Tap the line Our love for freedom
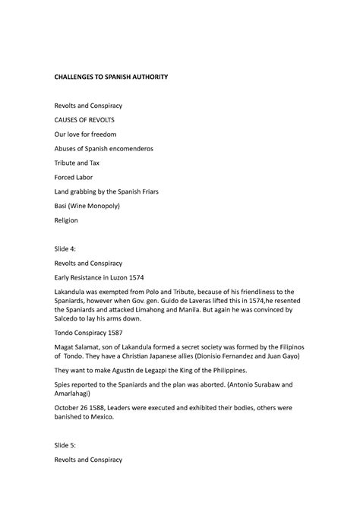[x=84, y=134]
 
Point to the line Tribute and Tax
[x=76, y=163]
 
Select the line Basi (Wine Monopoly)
[x=87, y=206]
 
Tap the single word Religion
[x=65, y=220]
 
